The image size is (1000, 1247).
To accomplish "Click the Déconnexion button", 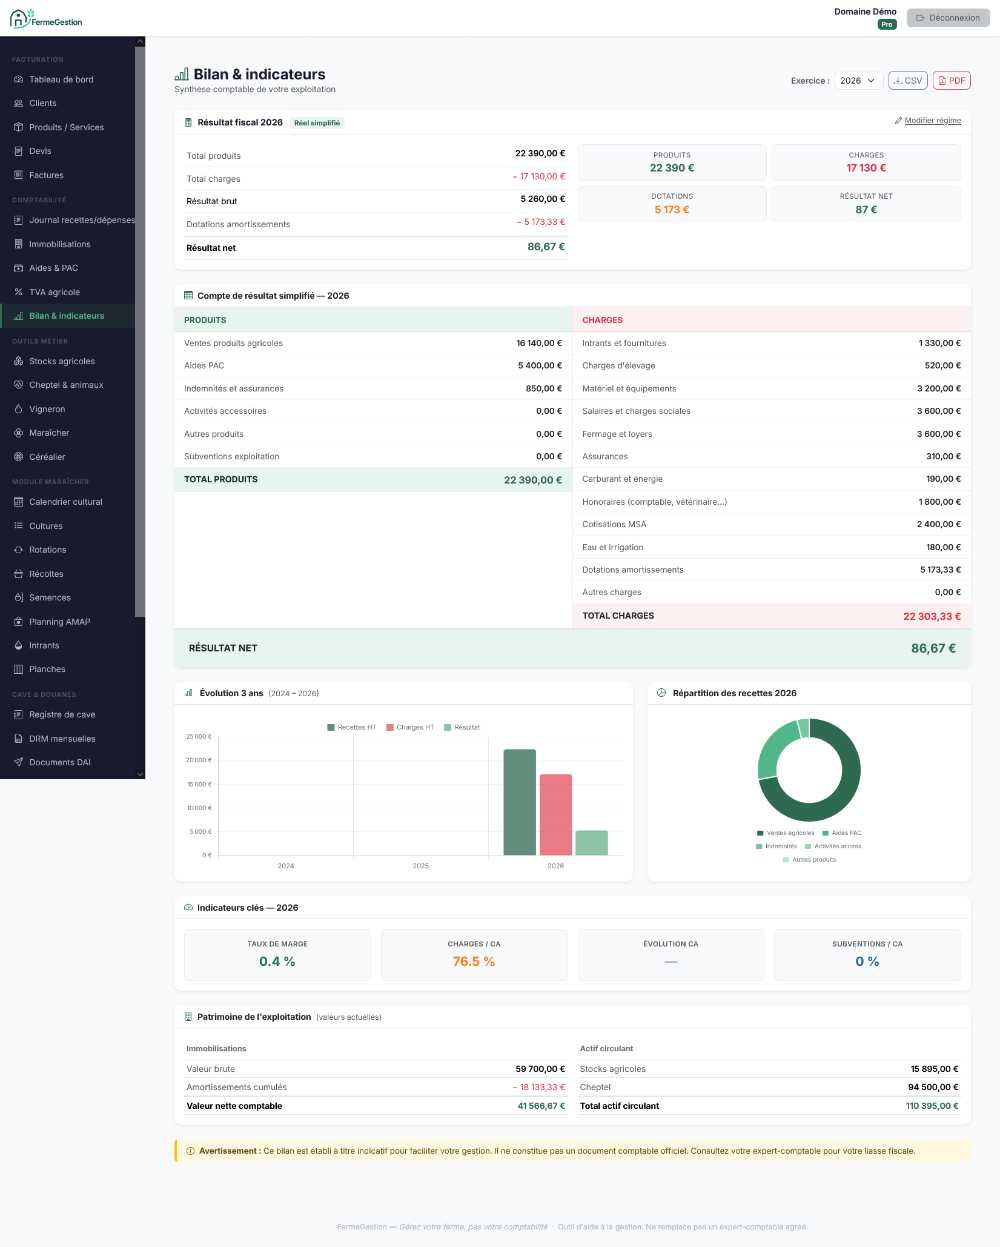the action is point(948,18).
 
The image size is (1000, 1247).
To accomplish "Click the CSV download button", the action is point(908,81).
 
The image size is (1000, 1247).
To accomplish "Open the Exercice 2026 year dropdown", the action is point(858,81).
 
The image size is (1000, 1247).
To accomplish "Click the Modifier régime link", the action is point(928,121).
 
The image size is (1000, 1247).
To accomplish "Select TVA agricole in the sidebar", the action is point(55,292).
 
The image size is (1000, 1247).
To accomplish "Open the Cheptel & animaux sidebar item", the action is point(66,385).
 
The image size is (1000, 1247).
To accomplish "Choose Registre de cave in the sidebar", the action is point(62,714).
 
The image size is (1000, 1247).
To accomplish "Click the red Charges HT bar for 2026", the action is point(555,814).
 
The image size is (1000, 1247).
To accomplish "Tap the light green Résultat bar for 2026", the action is point(591,843).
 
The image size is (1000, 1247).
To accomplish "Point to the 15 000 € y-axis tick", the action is point(199,784).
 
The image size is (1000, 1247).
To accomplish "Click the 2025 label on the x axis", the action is point(421,866).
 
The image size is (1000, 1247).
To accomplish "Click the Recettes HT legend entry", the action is point(352,727).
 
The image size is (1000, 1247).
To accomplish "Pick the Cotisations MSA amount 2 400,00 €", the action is point(939,524).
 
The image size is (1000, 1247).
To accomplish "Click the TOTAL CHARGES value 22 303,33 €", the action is point(932,616).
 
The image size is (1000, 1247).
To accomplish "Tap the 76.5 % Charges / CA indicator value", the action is point(474,962).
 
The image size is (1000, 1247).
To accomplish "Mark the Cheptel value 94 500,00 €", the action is point(933,1087).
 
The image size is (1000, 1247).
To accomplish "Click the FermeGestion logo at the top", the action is point(46,19).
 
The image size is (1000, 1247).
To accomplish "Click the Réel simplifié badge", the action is point(317,123).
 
